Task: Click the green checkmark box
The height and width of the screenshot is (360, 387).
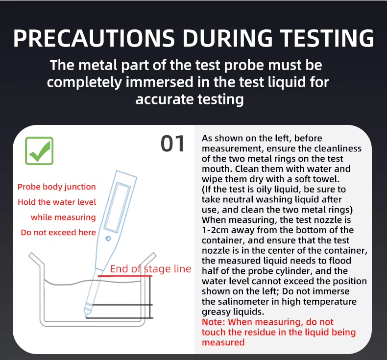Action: coord(39,151)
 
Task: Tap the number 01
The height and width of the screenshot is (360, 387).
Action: coord(172,144)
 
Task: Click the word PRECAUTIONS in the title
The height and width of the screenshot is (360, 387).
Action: coord(94,38)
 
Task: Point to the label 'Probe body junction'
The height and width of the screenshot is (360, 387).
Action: coord(56,187)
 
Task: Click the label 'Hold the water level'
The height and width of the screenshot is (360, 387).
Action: coord(57,202)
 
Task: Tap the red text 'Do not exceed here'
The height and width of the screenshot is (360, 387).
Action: coord(58,233)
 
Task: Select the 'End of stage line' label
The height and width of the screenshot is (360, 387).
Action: coord(150,269)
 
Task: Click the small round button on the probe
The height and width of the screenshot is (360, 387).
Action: coord(108,239)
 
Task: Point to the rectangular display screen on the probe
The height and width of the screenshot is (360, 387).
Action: coord(117,208)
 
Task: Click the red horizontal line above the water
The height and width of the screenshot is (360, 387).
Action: coord(125,276)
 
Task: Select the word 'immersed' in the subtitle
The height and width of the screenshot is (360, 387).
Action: coord(159,82)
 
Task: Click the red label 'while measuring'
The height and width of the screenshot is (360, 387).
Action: coord(63,217)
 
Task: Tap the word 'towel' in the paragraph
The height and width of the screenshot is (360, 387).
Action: coord(326,179)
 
